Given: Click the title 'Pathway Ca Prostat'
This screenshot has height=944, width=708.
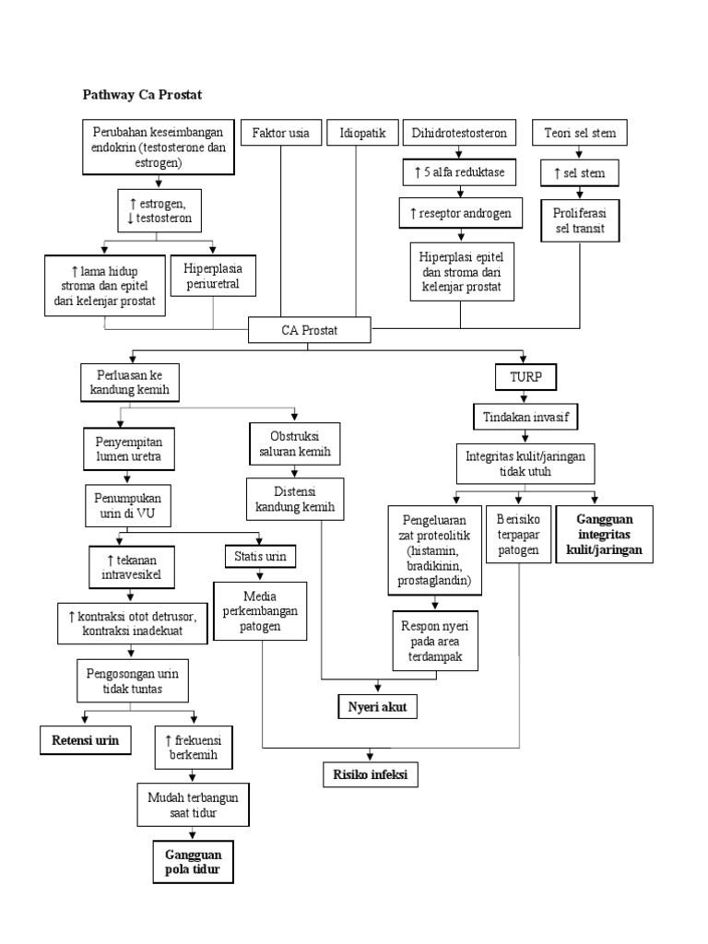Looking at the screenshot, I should (142, 94).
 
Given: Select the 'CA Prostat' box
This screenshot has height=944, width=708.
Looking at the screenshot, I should (310, 329).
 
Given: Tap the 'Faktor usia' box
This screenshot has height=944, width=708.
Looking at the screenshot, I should (280, 134).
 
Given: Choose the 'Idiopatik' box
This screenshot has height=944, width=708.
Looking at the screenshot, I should (356, 134).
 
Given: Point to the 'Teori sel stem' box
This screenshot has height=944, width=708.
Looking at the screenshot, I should (580, 134).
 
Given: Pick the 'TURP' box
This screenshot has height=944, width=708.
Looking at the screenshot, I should (522, 376).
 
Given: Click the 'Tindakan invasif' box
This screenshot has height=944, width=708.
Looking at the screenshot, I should (525, 418).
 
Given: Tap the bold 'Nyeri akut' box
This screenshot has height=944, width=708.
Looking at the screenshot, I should (376, 707).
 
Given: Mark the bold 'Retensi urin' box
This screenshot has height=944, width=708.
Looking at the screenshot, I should (86, 739).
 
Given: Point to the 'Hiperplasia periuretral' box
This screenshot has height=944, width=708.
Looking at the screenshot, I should (213, 275).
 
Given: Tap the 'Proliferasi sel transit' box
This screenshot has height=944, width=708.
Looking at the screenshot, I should (580, 221).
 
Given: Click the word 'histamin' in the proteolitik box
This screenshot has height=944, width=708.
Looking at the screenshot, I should (430, 550).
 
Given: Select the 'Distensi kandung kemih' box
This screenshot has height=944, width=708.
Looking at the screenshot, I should (294, 500).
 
